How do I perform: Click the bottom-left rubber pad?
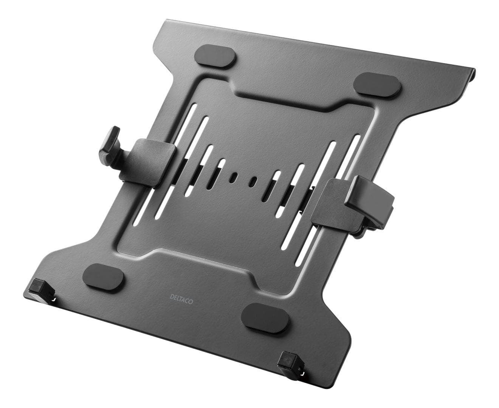tap(103, 274)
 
